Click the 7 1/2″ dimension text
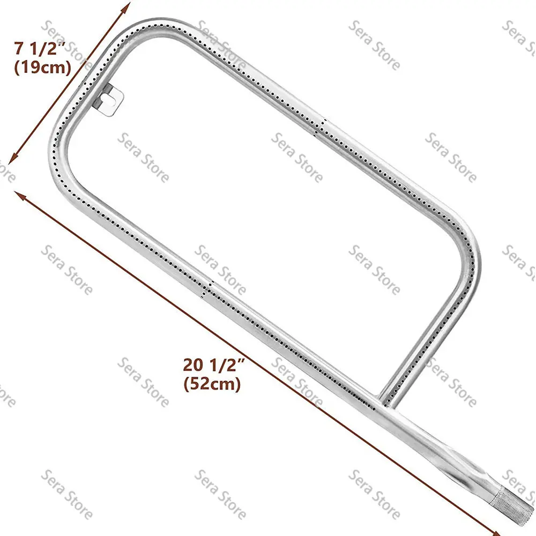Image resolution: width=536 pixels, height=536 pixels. [39, 49]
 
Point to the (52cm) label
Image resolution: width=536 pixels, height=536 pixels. [212, 384]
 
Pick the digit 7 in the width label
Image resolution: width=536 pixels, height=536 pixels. [19, 49]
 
